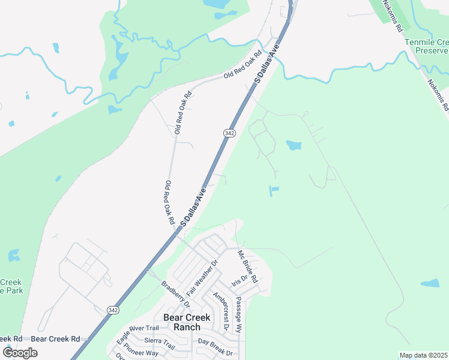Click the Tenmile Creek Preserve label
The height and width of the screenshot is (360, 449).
427,47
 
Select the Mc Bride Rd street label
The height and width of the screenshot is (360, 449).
247,267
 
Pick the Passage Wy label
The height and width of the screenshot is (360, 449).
238,315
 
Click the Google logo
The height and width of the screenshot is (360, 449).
20,353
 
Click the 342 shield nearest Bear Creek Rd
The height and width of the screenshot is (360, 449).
113,309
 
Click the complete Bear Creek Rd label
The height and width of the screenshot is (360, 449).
55,339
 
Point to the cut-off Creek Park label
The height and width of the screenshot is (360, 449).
10,286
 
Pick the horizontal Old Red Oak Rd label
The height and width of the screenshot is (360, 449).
243,65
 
